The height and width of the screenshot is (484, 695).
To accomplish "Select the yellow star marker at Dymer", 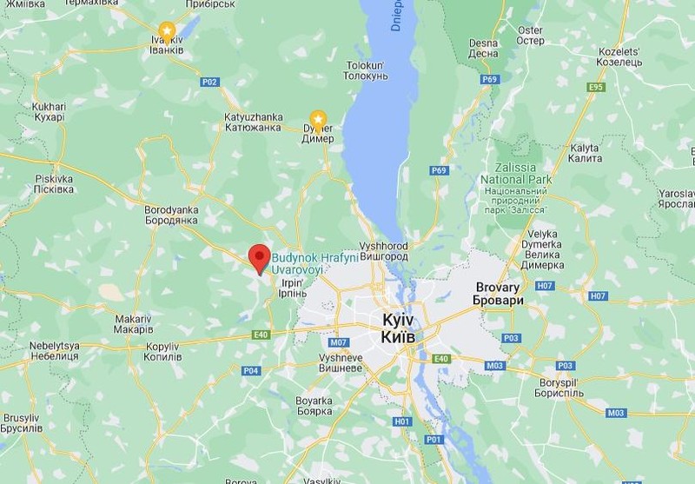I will (319, 118).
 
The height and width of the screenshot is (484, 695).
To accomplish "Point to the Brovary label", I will (498, 293).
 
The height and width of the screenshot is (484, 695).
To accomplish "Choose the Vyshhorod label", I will (385, 252).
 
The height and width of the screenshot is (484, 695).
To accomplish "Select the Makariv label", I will (136, 324).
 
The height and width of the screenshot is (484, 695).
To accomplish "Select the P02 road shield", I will (209, 82).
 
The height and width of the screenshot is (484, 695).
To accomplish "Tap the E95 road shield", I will (595, 87).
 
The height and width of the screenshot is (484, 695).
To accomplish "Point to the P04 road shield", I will (250, 370).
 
